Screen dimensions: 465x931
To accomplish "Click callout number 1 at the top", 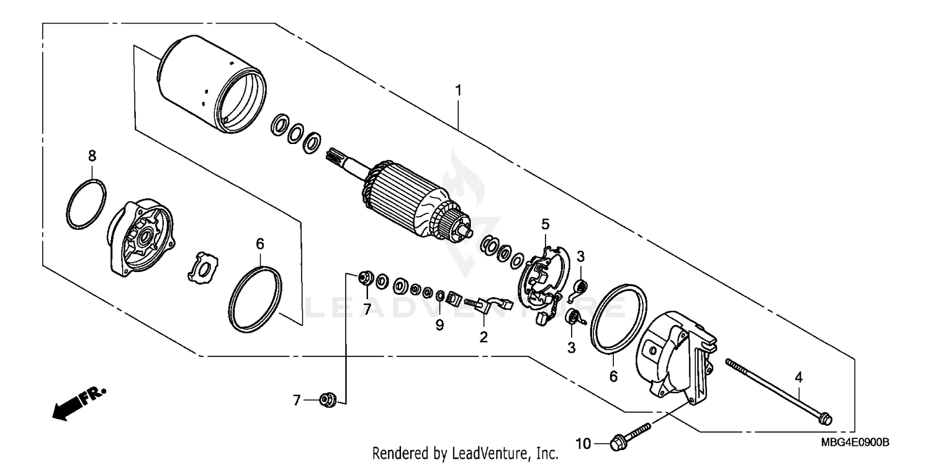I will click(x=458, y=91).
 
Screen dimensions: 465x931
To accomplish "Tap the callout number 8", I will click(x=92, y=155).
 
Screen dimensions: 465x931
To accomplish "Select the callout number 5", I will click(x=545, y=223).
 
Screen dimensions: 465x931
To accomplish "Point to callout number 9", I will click(x=439, y=325).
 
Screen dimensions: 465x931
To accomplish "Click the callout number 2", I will click(x=483, y=337).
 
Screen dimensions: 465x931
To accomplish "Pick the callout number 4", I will click(x=798, y=376).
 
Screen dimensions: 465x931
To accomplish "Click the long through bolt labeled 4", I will click(x=776, y=391).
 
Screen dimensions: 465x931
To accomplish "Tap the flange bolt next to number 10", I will click(x=630, y=436).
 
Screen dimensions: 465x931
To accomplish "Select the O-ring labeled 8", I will click(x=86, y=205).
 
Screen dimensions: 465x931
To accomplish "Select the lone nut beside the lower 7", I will click(x=326, y=400).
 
